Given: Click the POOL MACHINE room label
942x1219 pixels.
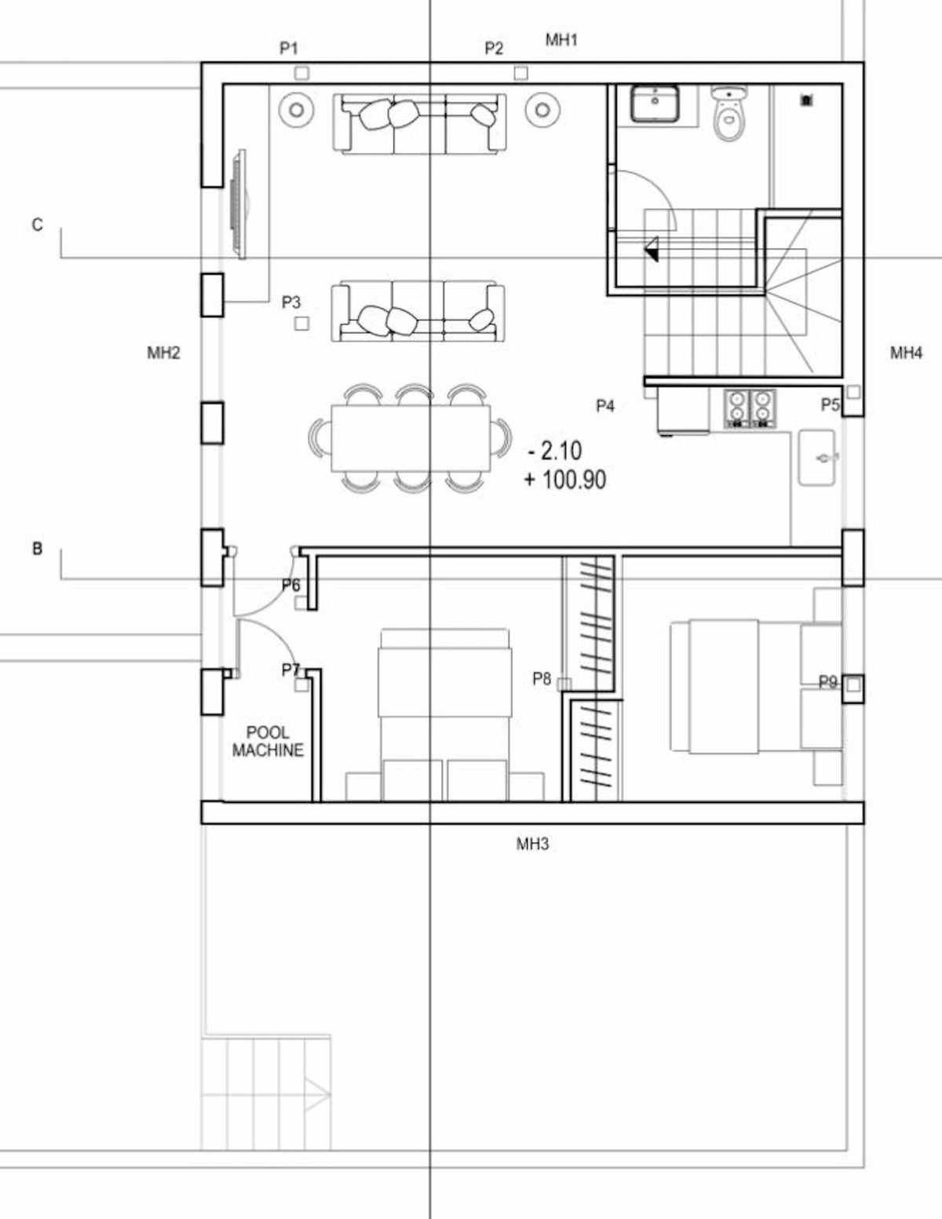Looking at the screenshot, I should [268, 741].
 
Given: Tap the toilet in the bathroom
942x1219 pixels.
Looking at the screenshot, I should [728, 115].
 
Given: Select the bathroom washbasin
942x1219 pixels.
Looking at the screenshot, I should [655, 104].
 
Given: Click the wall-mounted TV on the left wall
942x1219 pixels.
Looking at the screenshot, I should [239, 203].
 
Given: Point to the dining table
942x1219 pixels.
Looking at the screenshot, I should [411, 437].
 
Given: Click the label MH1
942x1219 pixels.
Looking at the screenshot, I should [561, 39].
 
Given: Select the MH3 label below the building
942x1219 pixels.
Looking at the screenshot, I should [532, 844].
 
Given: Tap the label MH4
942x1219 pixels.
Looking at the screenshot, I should [906, 353].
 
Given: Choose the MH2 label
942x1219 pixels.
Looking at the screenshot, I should [163, 353].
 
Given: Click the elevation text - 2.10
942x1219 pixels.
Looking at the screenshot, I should [555, 451].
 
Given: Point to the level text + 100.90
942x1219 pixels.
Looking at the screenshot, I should [565, 480].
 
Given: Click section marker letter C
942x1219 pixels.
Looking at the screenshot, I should [37, 225].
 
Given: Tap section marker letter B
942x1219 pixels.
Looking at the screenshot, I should [37, 549].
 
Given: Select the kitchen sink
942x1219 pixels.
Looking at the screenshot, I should [817, 457].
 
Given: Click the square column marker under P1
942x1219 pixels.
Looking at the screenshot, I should [301, 73].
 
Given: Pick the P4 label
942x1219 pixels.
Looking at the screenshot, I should [604, 406].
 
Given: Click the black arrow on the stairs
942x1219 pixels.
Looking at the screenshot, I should [652, 251].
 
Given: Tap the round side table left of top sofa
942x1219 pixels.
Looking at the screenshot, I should [297, 109].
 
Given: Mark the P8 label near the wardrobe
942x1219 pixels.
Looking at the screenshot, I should [542, 679].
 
